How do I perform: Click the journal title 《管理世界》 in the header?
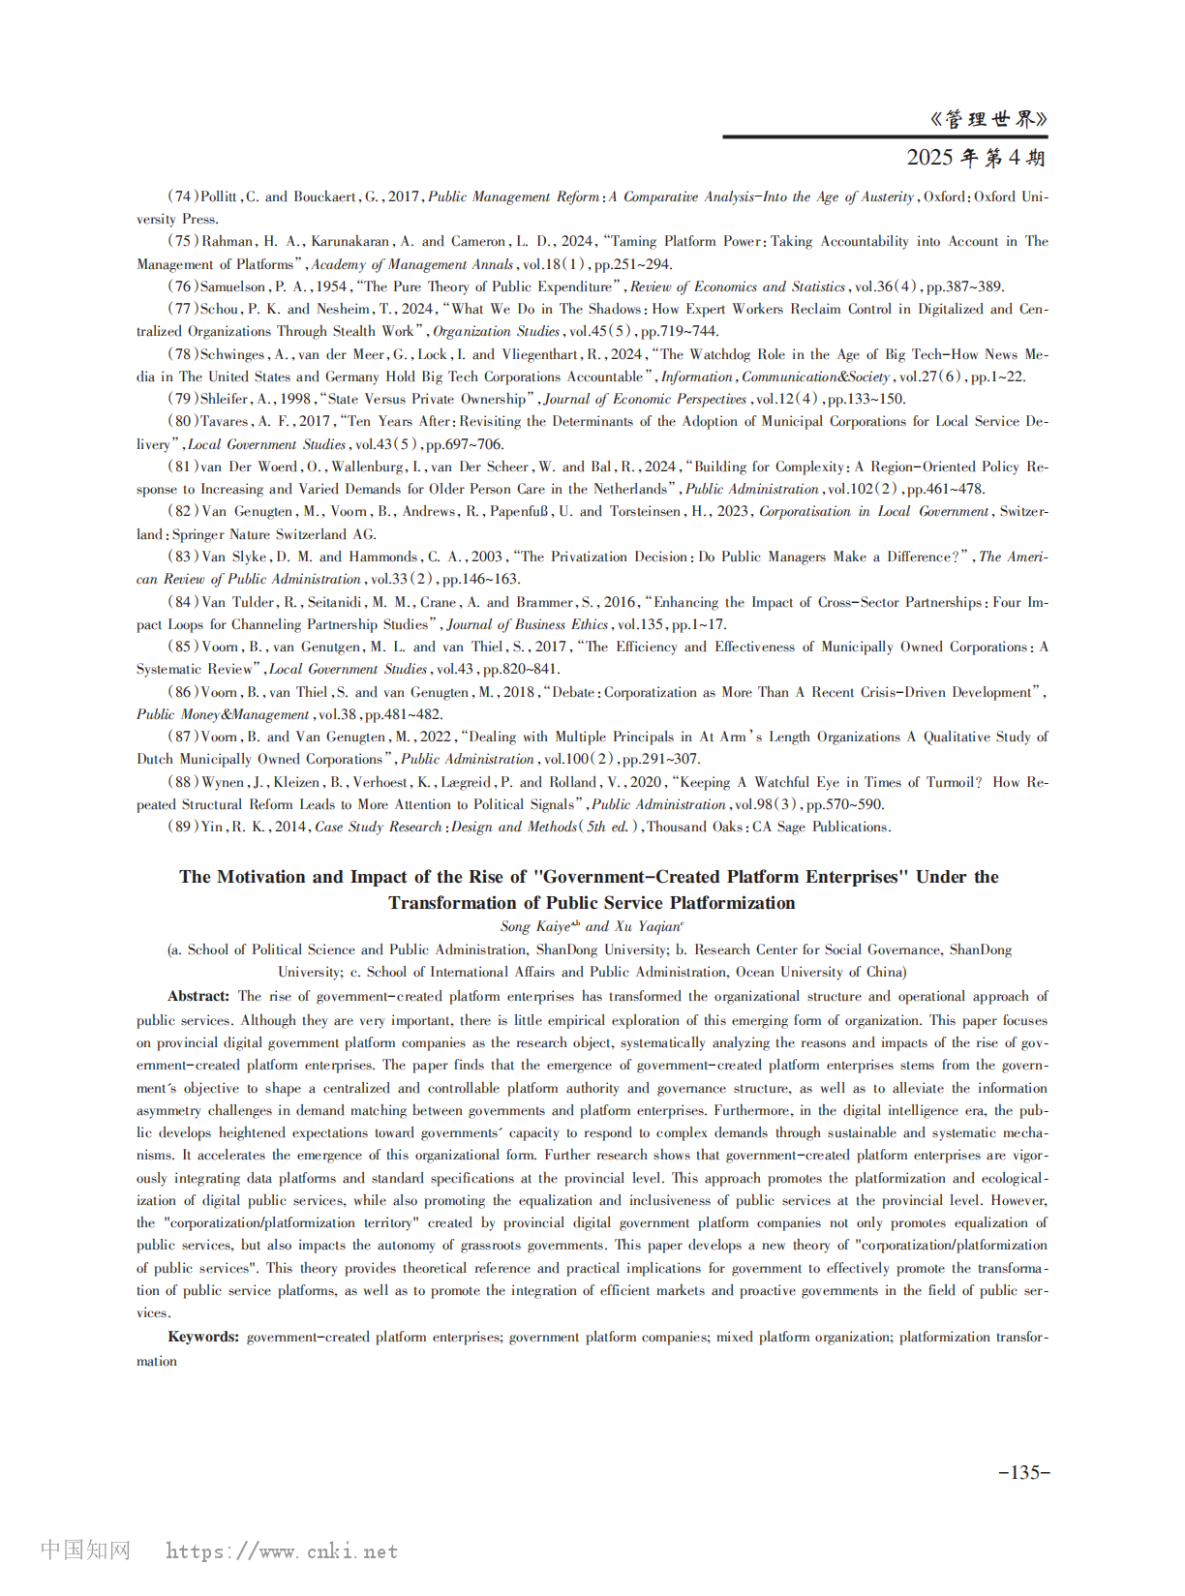(x=987, y=119)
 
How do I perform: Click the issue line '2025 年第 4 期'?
(x=976, y=157)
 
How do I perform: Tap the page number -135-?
(x=1023, y=1472)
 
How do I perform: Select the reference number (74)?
(x=183, y=196)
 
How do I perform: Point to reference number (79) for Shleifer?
(x=183, y=399)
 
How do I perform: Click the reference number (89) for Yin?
(x=183, y=827)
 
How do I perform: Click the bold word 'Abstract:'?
(x=198, y=996)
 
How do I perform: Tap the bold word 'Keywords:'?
(x=203, y=1337)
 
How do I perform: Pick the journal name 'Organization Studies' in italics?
(x=496, y=331)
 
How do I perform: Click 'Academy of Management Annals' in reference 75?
(x=412, y=264)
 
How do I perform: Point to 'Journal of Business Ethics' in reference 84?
(x=528, y=624)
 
